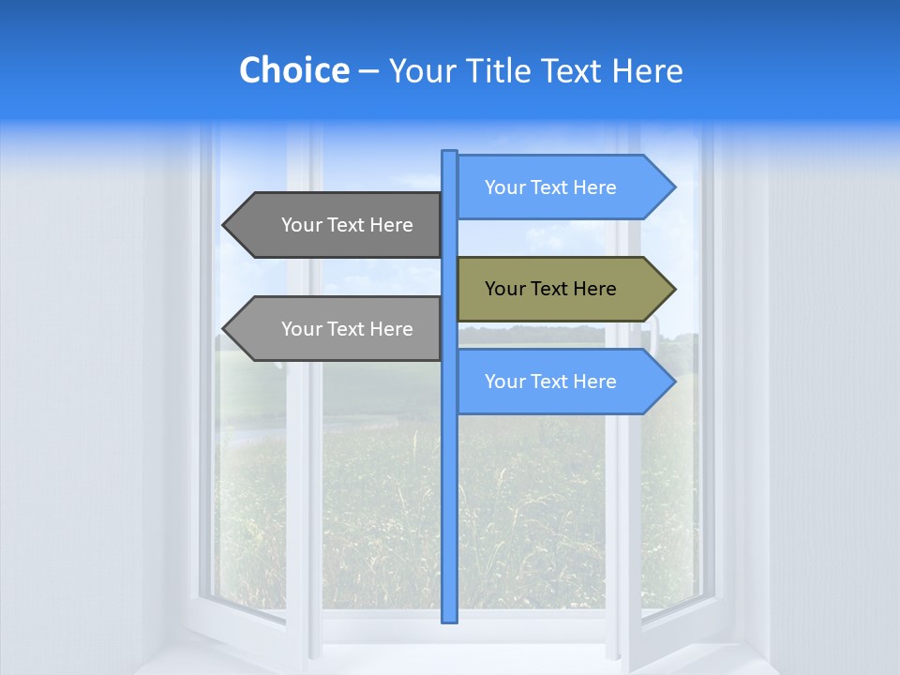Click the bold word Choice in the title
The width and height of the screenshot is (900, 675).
click(293, 70)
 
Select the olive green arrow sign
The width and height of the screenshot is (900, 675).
click(562, 289)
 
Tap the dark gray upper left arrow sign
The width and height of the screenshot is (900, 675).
click(337, 225)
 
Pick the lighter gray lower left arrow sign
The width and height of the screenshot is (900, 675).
click(337, 329)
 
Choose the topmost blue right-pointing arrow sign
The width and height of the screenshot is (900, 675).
click(562, 187)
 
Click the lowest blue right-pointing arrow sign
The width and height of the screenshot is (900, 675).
click(562, 382)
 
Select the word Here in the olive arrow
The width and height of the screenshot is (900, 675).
click(593, 289)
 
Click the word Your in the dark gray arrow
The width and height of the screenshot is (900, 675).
click(302, 225)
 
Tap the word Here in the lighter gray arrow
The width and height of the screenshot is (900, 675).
click(390, 329)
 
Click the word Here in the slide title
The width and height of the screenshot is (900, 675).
click(648, 70)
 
